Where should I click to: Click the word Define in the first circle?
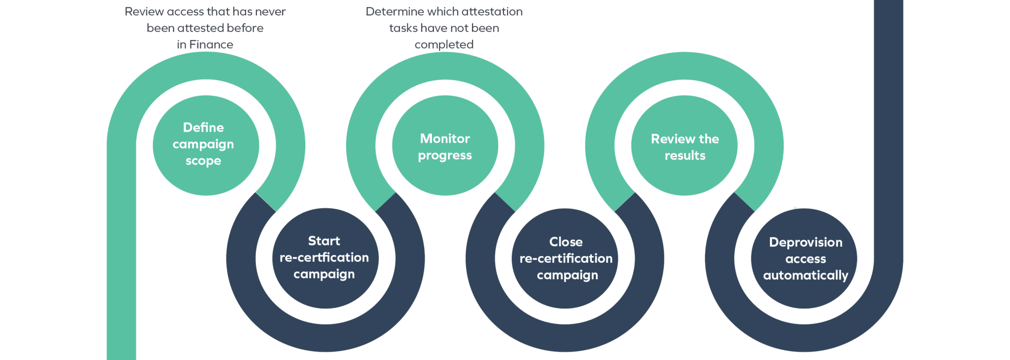coord(203,128)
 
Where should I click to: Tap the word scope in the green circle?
coord(203,161)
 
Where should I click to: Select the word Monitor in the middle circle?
coord(445,139)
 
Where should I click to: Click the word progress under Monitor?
coord(445,156)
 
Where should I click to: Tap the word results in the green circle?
coord(685,156)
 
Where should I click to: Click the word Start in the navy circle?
coord(324,241)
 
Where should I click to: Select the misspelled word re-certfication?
coord(324,257)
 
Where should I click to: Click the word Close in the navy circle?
coord(566,242)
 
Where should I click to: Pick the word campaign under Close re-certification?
coord(567,275)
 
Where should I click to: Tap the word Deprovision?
coord(806,243)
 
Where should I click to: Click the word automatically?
coord(806,276)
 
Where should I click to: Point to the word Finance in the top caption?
coord(212,45)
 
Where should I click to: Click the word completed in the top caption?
coord(444,45)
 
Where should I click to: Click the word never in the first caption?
coord(272,12)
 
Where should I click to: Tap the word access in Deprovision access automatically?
coord(806,259)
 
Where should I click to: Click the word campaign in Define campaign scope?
coord(203,144)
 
